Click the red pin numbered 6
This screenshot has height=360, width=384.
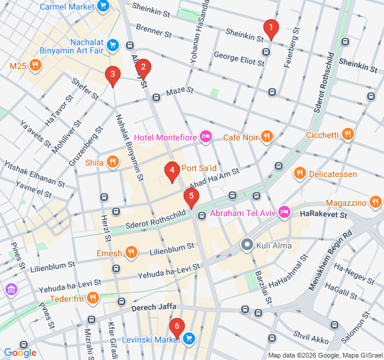coord(176,328)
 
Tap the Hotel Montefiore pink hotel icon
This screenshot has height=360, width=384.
coord(206,138)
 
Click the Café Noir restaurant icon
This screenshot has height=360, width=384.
coord(267,138)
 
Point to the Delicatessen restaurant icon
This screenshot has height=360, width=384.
coord(300,174)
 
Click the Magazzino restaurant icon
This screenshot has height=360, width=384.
coord(375,202)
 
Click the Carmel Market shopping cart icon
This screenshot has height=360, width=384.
coord(103,7)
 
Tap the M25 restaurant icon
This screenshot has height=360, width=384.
coord(35,65)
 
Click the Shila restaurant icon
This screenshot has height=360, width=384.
coord(112,161)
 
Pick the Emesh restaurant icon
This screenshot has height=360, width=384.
coord(132,253)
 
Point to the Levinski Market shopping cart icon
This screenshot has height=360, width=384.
coord(189,339)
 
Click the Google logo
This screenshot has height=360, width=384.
coord(20,353)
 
